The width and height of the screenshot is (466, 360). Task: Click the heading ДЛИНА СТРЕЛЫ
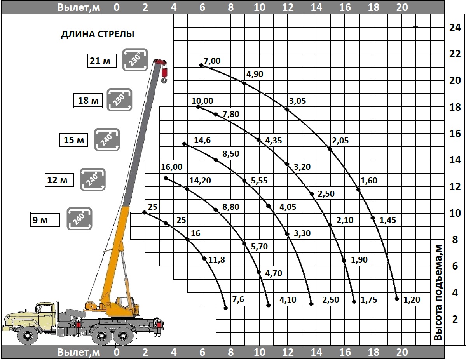tap(98, 34)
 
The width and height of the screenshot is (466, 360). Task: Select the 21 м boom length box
tap(102, 61)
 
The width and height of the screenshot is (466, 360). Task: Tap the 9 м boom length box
tap(45, 220)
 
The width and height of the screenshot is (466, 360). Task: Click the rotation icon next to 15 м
tap(107, 139)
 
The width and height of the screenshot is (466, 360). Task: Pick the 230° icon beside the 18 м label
tap(119, 99)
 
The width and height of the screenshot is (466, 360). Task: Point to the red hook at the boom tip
tap(164, 75)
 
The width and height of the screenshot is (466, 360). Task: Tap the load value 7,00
tap(212, 61)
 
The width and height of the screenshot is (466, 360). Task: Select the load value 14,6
tap(202, 140)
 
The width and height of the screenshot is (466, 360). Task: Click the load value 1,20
tap(412, 300)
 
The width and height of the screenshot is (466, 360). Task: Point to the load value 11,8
tap(216, 260)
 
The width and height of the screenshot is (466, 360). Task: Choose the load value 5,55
tap(259, 181)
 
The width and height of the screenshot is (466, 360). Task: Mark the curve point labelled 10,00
tap(198, 107)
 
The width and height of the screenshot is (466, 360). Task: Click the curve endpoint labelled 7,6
tap(226, 308)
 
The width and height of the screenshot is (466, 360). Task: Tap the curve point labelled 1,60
tap(358, 190)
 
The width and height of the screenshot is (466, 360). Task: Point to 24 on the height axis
tap(455, 28)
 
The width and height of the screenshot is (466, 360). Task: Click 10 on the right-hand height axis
tap(455, 213)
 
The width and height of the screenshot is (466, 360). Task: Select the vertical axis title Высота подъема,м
tap(438, 292)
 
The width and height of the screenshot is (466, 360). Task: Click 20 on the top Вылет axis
tap(402, 7)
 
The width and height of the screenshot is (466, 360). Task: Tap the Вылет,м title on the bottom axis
tap(79, 352)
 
